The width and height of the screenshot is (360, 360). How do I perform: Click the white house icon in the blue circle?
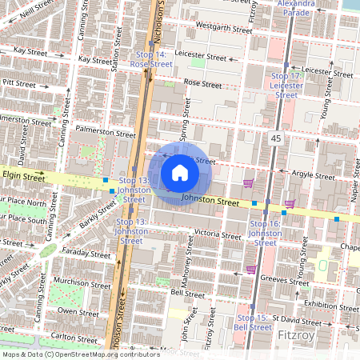pos(180,172)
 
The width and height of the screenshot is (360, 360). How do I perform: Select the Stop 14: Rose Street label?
pos(150,59)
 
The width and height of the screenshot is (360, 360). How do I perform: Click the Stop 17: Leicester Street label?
pos(286,85)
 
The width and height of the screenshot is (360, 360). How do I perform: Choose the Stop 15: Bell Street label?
pos(253,323)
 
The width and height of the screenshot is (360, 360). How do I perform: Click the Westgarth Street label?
pos(218,26)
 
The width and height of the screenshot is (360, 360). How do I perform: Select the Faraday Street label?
pos(88,254)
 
